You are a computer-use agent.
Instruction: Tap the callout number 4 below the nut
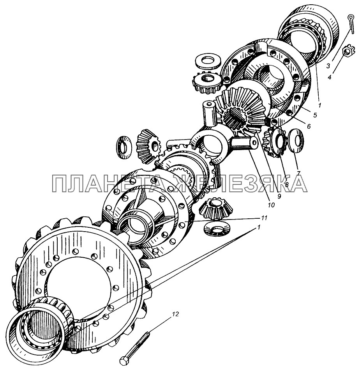[330, 77]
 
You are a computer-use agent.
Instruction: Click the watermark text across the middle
[179, 183]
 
